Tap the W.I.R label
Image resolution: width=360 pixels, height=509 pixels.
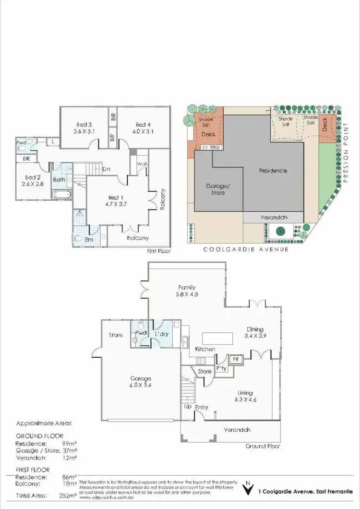pos(142,164)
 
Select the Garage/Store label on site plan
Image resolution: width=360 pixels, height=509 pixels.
pos(216,189)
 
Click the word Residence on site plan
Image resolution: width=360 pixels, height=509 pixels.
pos(273,170)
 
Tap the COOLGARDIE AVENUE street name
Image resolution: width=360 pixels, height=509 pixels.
pos(246,249)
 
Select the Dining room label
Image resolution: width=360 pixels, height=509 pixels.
pos(255,329)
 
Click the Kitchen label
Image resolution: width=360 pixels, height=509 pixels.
pos(204,349)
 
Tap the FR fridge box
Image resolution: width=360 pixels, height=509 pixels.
pos(236,359)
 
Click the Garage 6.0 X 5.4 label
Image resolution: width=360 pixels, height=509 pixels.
pos(140,382)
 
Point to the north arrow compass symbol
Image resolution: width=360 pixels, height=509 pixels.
pos(247,489)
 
